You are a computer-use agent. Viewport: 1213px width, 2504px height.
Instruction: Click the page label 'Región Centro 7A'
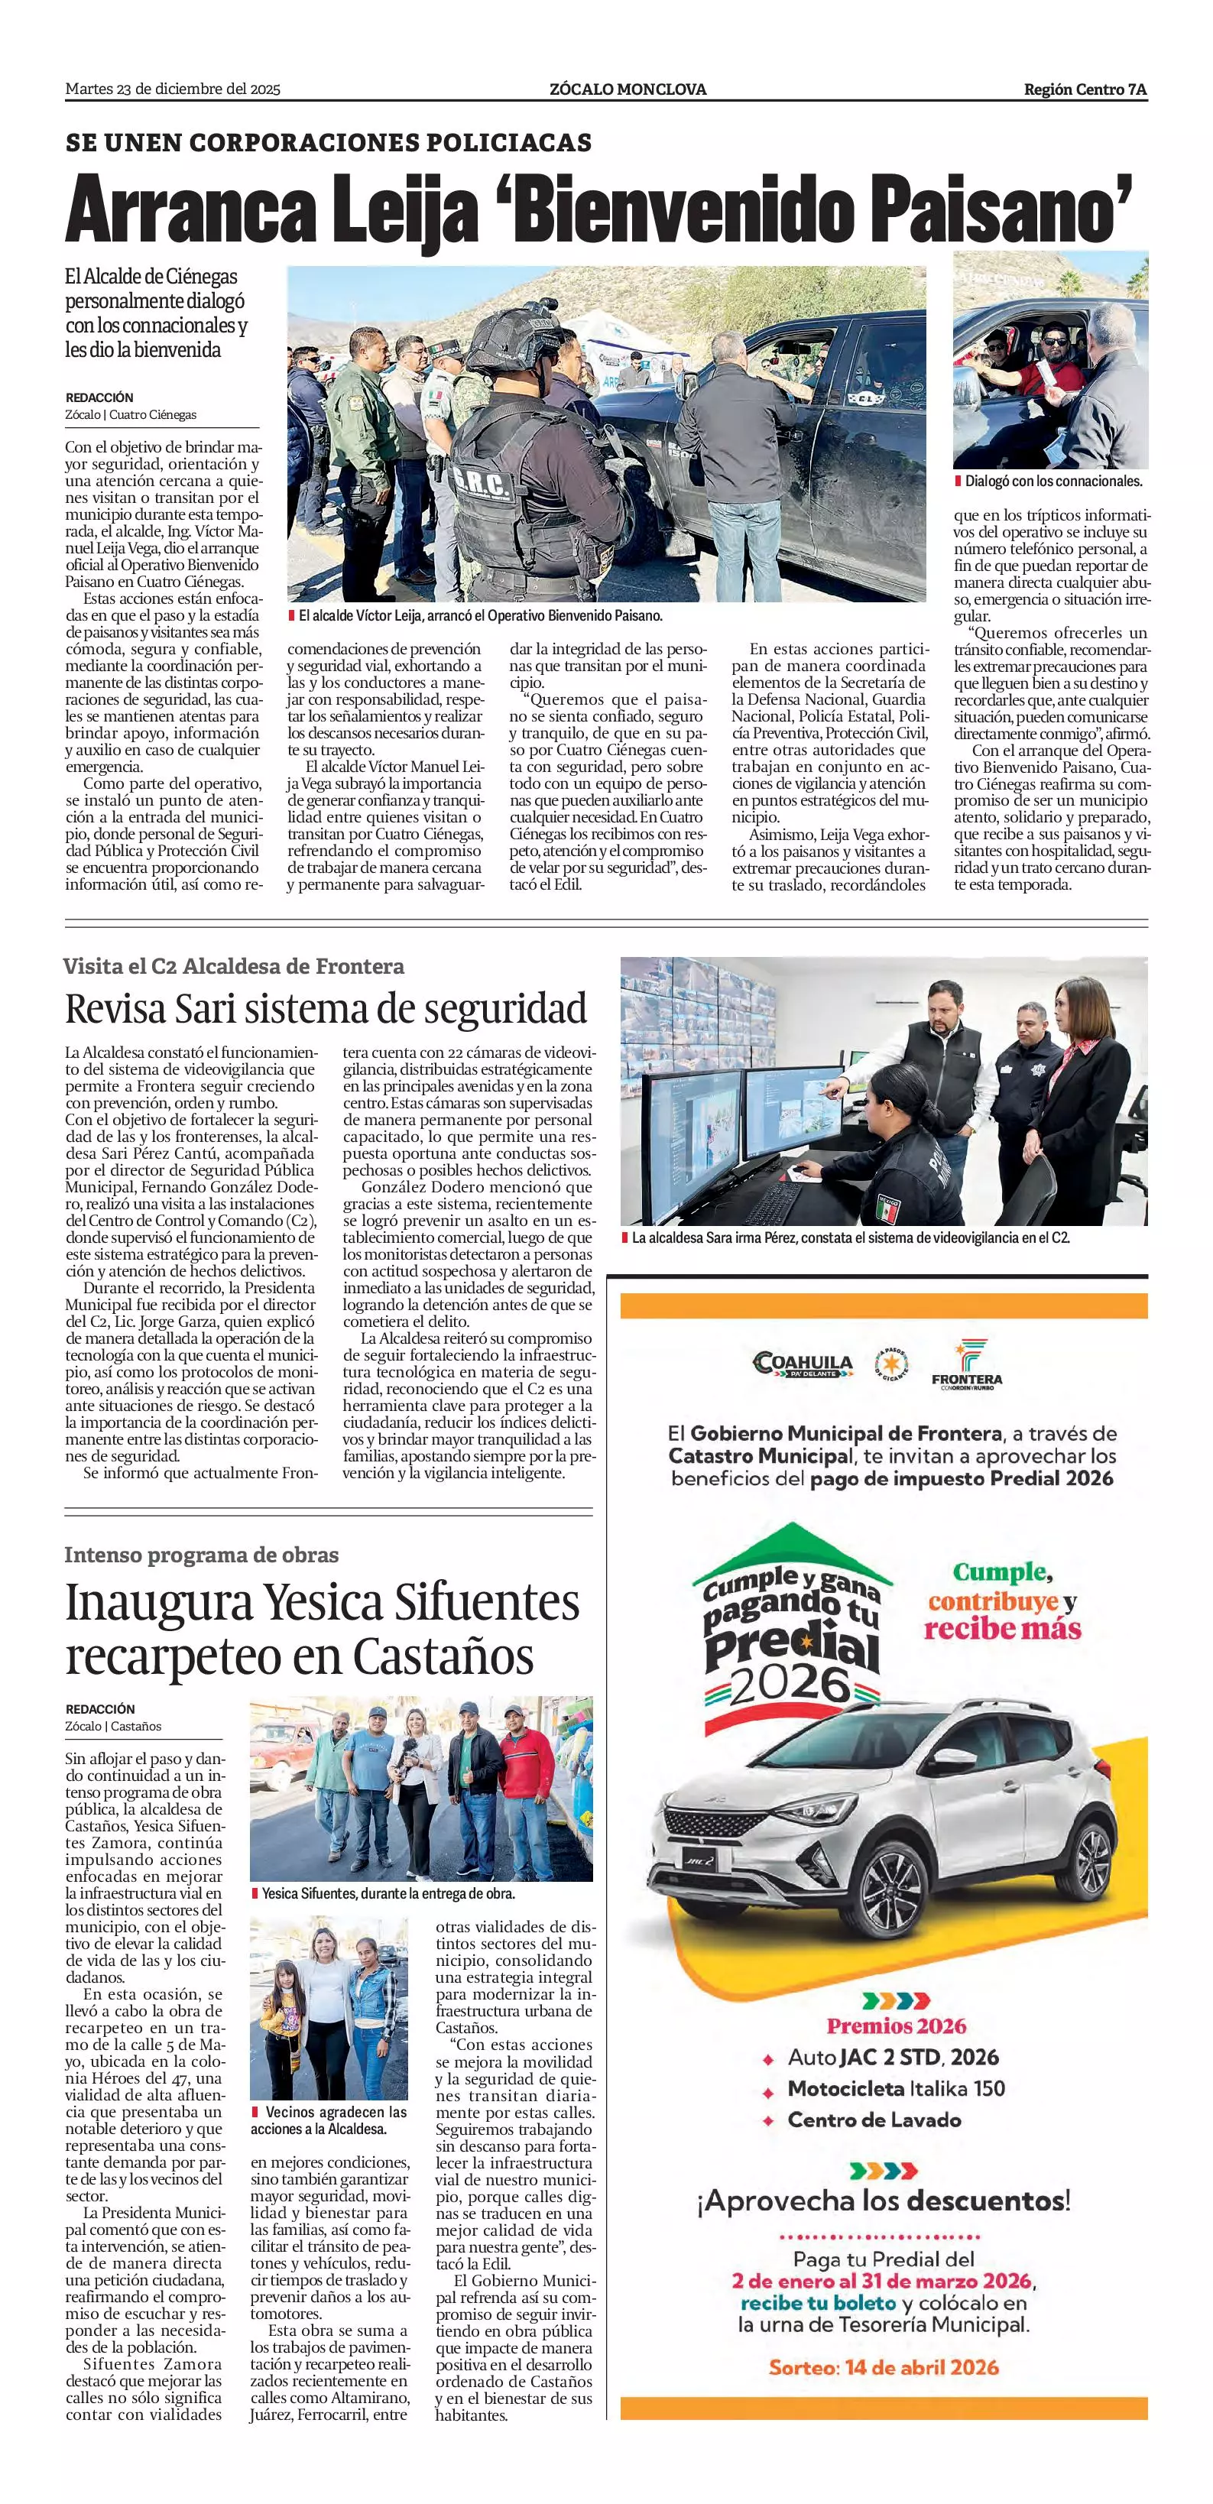(1085, 89)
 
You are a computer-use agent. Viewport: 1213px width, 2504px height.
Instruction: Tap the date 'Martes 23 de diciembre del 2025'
(173, 89)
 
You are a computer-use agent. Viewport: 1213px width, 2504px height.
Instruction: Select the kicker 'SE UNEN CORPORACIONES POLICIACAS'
(329, 143)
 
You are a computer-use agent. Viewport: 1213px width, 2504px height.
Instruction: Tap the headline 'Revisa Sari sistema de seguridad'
(326, 1009)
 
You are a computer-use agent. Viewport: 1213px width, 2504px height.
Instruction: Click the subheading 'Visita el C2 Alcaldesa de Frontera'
(233, 966)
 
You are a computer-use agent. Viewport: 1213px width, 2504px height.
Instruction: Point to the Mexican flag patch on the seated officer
(887, 1208)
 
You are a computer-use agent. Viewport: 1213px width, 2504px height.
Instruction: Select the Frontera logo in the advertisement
(966, 1363)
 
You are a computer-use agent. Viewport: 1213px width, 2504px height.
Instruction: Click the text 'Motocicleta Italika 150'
(895, 2088)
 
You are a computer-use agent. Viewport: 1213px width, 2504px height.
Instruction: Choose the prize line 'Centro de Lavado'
(874, 2120)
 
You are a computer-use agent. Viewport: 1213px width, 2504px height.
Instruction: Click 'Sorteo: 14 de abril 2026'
(884, 2367)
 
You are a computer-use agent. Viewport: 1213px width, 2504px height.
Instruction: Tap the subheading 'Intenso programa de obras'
(201, 1555)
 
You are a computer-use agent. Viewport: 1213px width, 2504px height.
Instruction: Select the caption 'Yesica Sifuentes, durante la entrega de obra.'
(388, 1893)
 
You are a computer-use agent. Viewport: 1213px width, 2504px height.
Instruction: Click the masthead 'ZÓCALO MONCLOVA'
(628, 89)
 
